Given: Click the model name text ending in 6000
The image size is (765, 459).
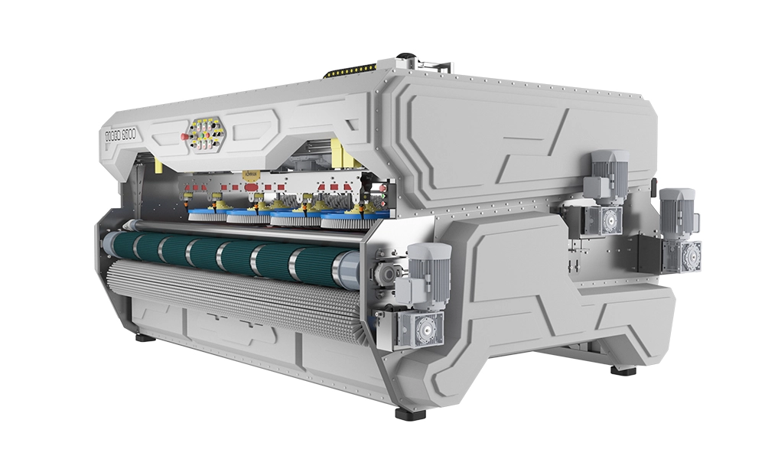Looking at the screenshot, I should pos(129,138).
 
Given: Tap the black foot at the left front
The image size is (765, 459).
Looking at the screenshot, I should pos(142,337).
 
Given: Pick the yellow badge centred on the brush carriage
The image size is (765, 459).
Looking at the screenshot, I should pos(250,175).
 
